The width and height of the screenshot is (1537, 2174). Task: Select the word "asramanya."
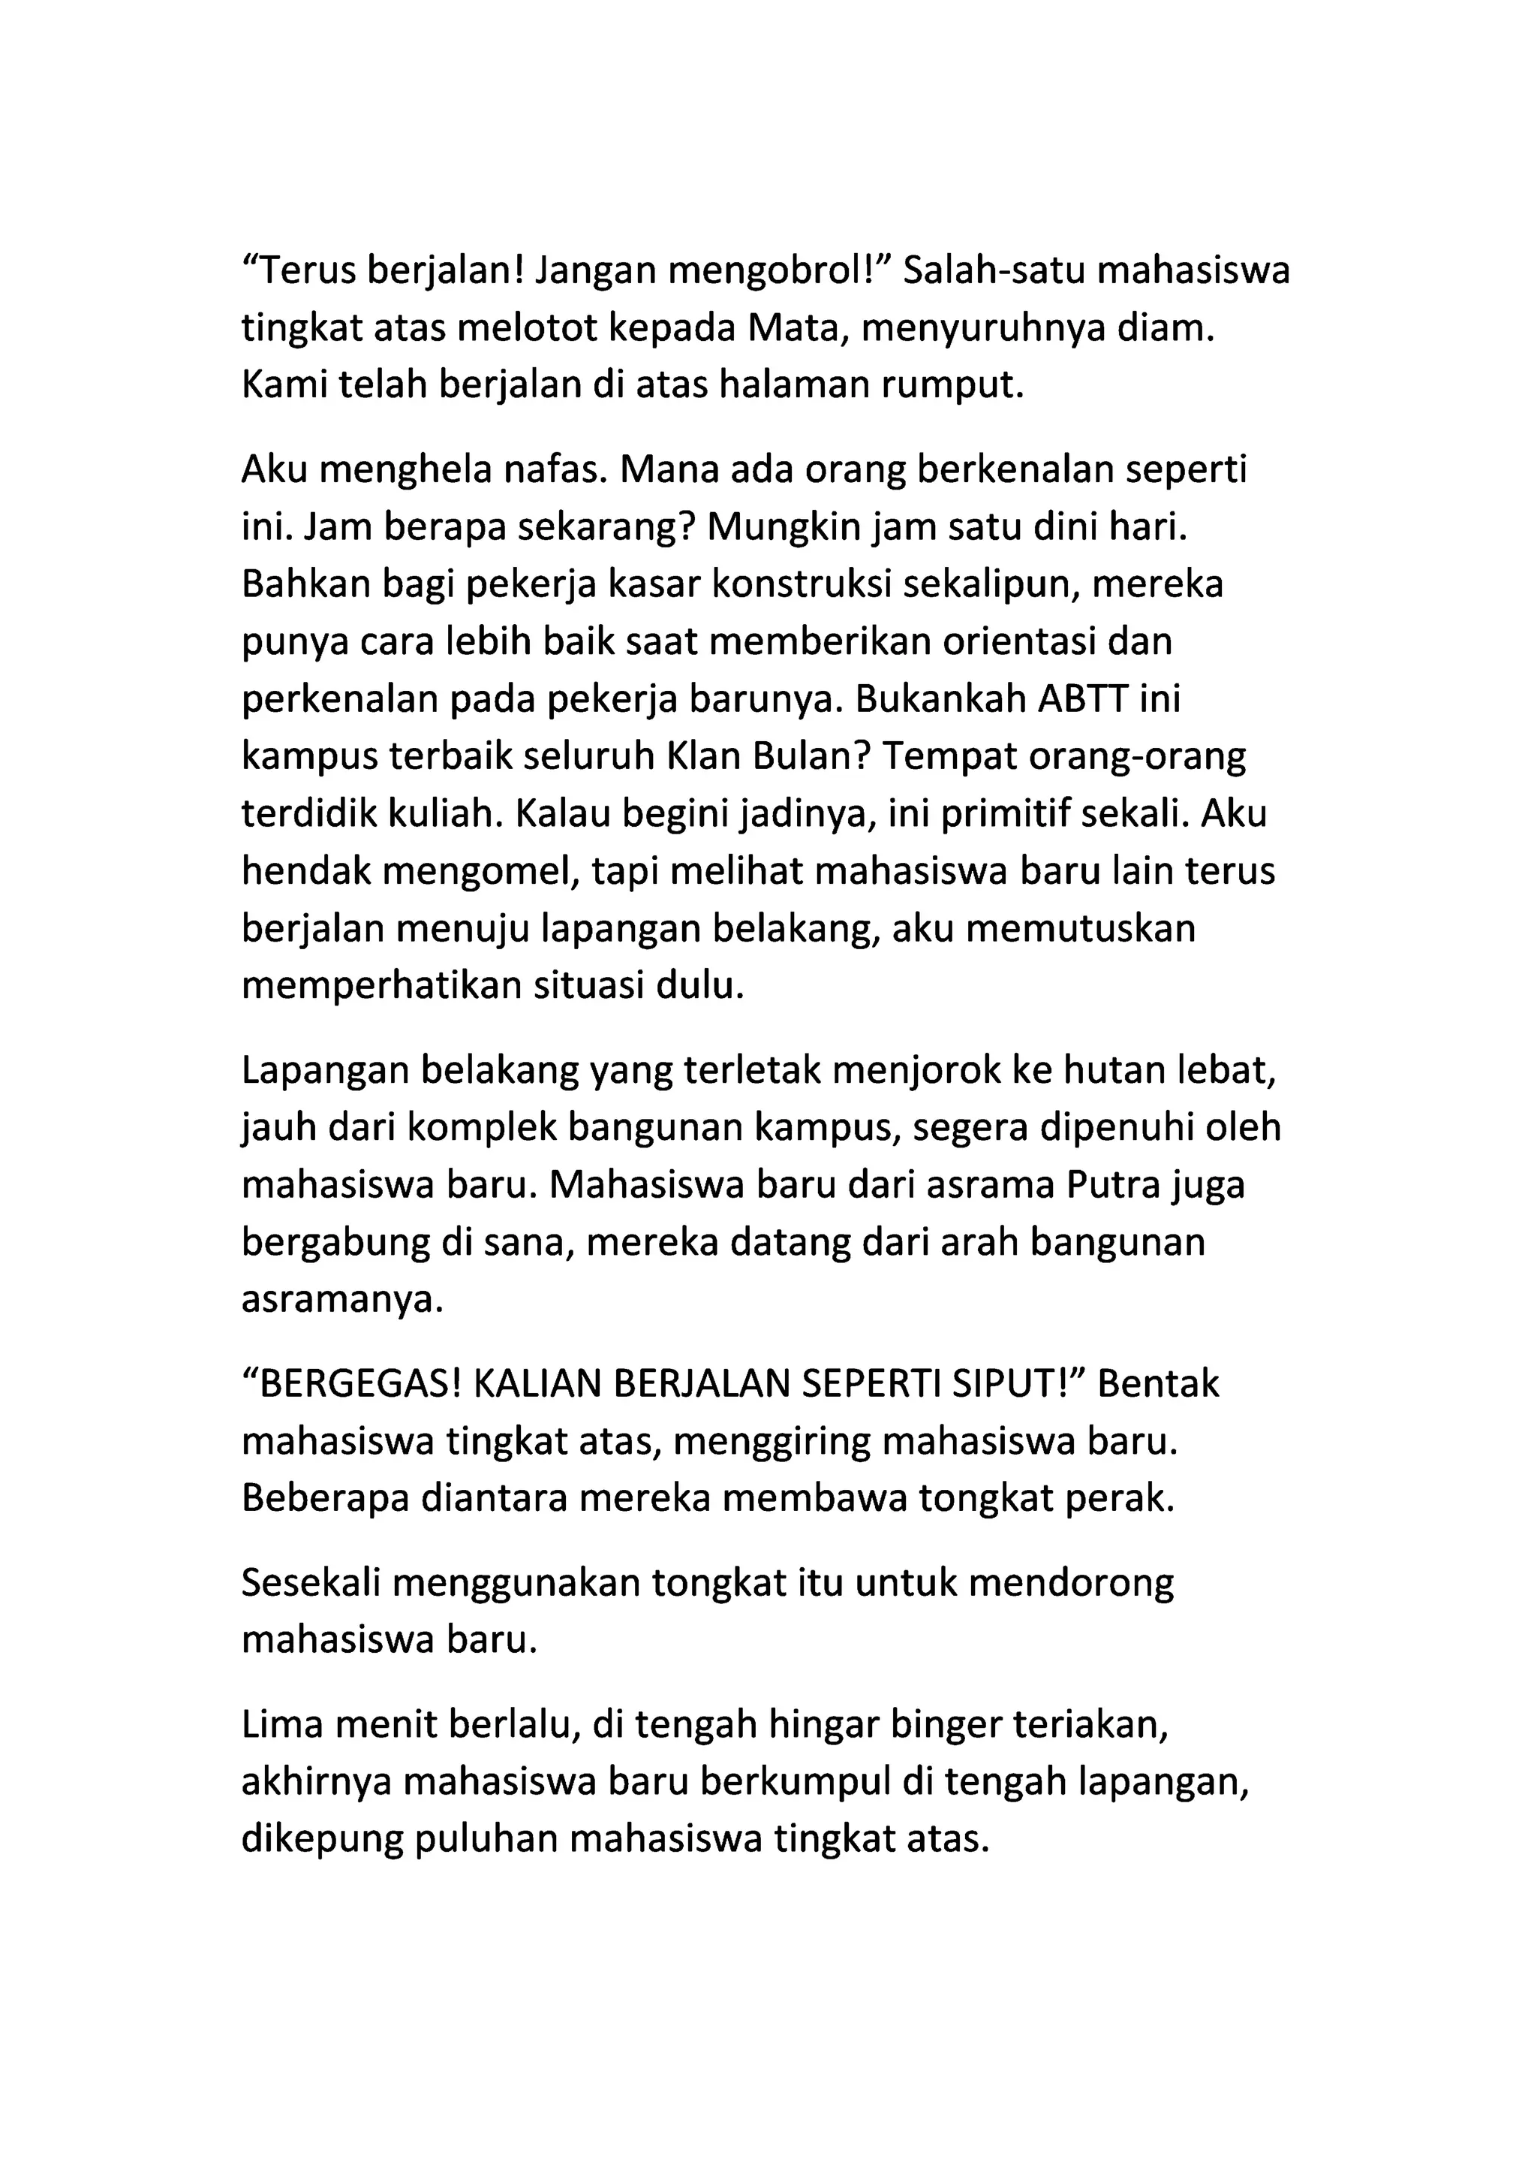pos(343,1300)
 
